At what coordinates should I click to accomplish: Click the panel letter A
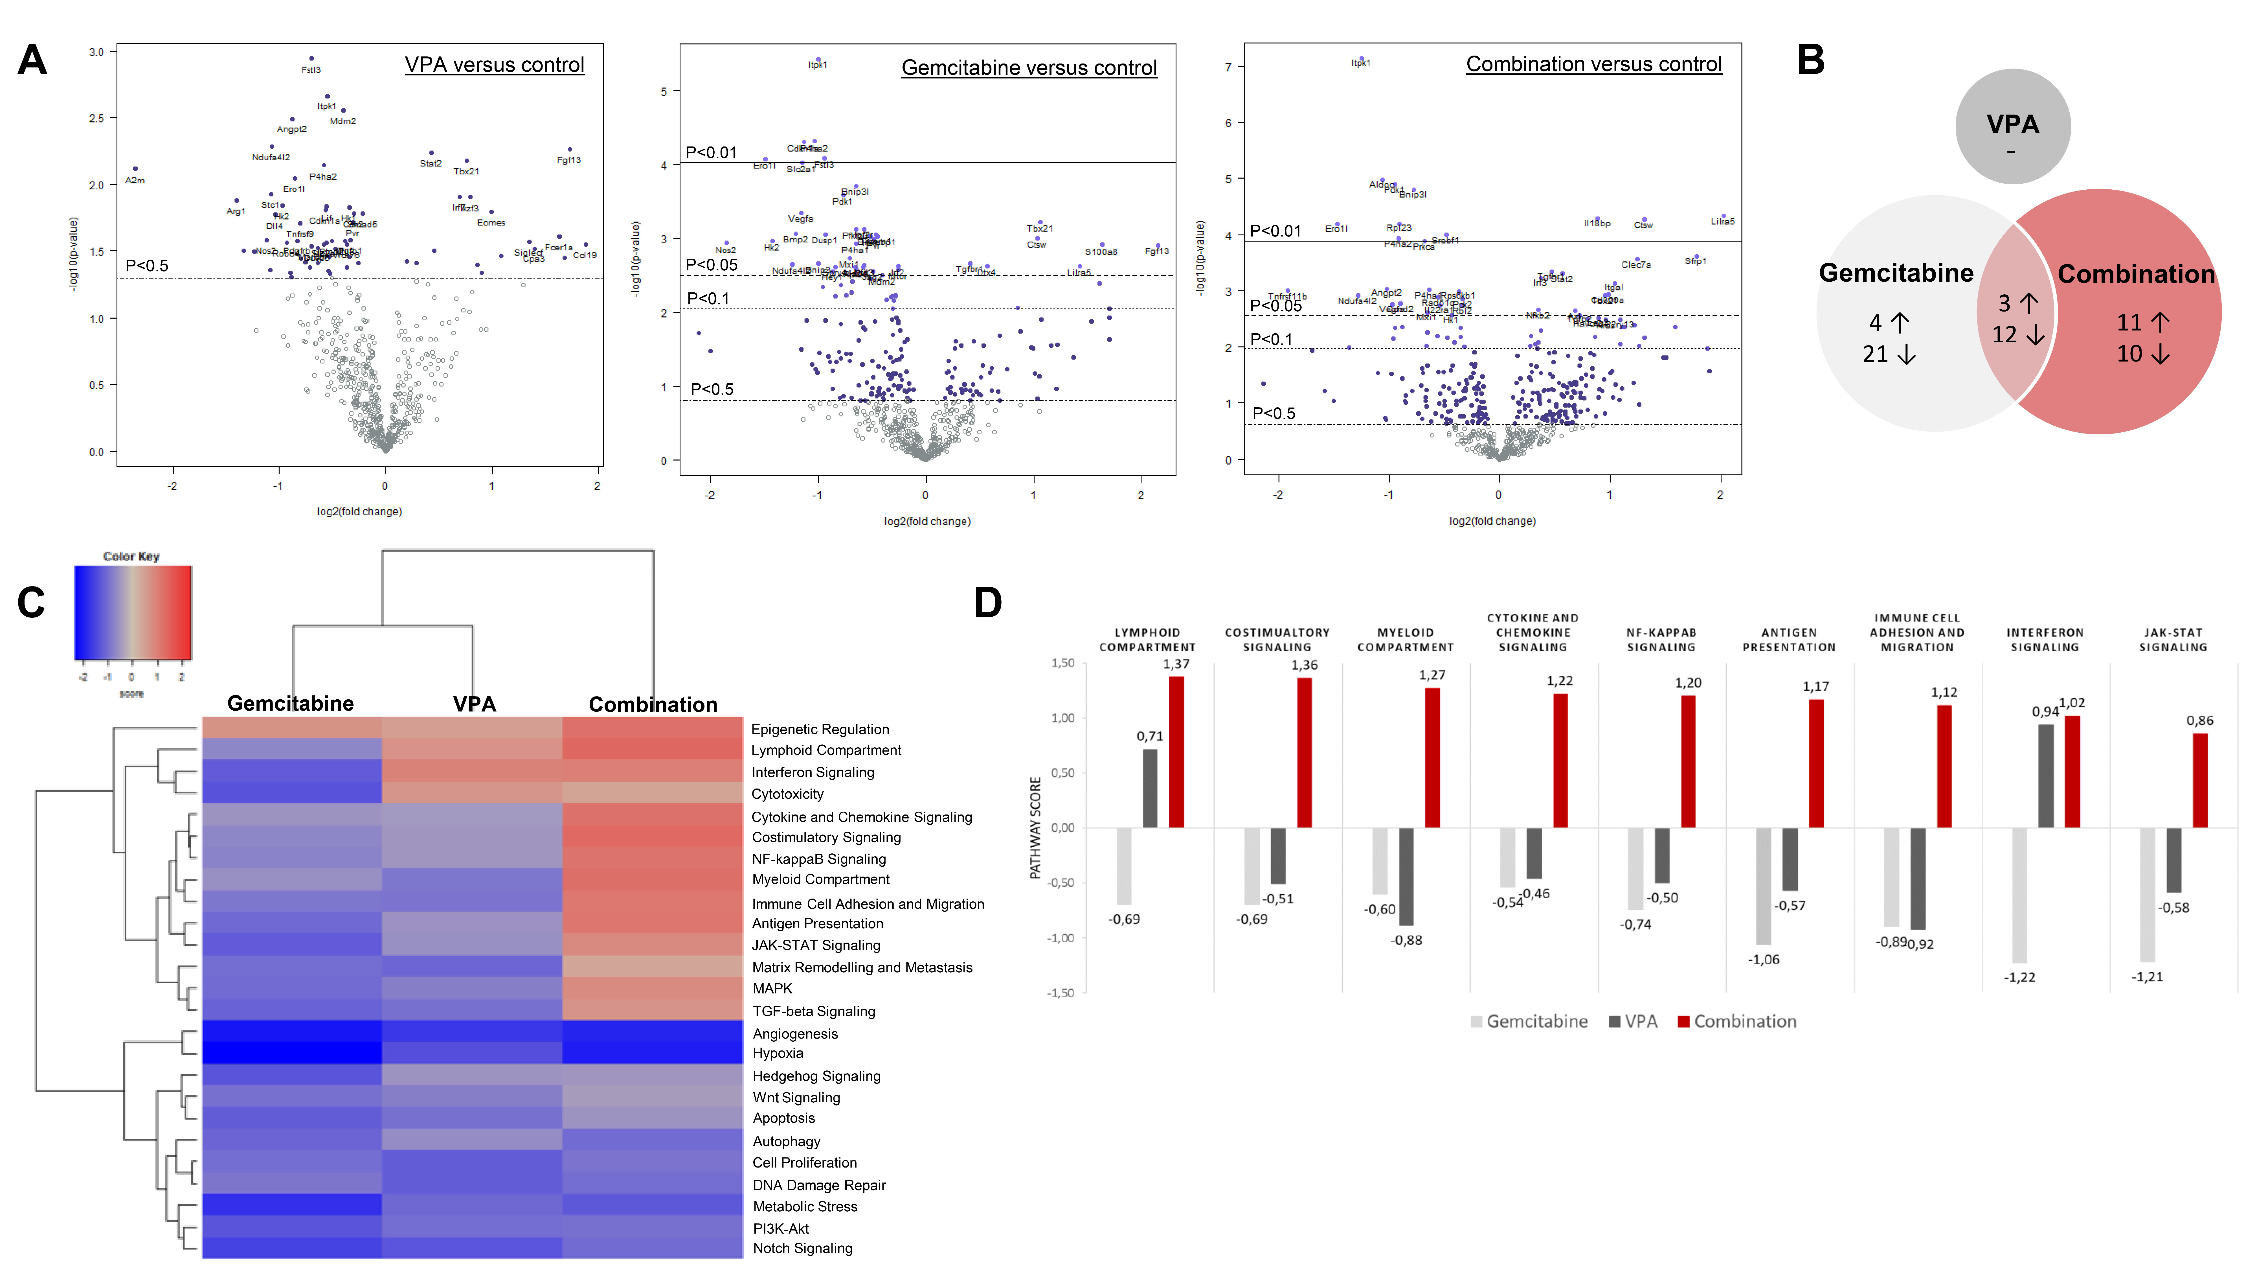pyautogui.click(x=32, y=60)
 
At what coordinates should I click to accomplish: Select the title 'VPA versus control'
pyautogui.click(x=494, y=65)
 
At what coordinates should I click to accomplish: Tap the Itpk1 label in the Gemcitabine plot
pyautogui.click(x=818, y=65)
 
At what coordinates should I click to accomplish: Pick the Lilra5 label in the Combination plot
pyautogui.click(x=1723, y=222)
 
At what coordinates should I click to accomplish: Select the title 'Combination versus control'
pyautogui.click(x=1594, y=64)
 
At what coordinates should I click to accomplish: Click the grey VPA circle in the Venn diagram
pyautogui.click(x=2013, y=126)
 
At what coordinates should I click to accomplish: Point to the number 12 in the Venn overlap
pyautogui.click(x=2005, y=335)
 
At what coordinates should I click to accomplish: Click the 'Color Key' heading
pyautogui.click(x=131, y=557)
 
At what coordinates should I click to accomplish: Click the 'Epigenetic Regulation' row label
pyautogui.click(x=820, y=729)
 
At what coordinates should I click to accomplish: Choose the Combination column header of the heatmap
pyautogui.click(x=653, y=705)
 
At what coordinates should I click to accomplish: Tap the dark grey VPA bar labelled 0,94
pyautogui.click(x=2046, y=776)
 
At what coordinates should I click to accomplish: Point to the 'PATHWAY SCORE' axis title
pyautogui.click(x=1035, y=827)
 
